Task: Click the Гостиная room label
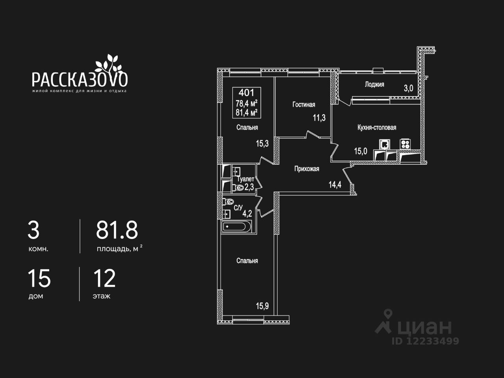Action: pos(304,104)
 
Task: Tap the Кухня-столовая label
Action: pos(377,127)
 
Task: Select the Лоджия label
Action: pos(374,84)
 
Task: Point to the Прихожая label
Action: pos(307,169)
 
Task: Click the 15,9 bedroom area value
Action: pos(262,306)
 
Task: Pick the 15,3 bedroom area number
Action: pos(262,143)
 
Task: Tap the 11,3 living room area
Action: pos(319,118)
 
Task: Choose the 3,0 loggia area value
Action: pos(408,88)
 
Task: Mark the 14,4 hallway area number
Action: pos(335,184)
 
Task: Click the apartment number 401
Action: pos(246,93)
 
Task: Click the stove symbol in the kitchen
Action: pos(405,144)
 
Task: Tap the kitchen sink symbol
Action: pos(385,144)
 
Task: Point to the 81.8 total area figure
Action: pos(117,230)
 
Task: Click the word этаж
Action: pos(102,296)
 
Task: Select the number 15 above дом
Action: pos(39,278)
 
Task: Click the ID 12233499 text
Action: pos(425,341)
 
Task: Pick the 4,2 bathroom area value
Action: pos(247,214)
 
